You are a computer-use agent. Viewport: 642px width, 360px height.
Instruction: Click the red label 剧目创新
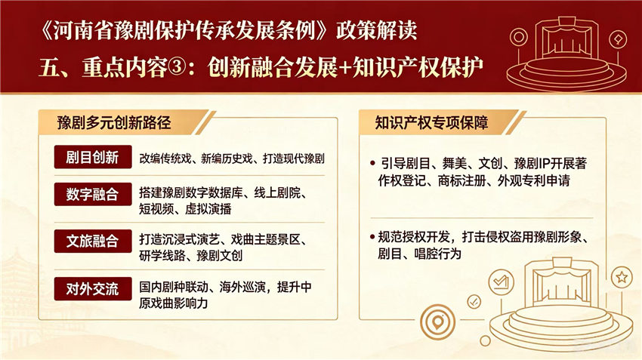(93, 157)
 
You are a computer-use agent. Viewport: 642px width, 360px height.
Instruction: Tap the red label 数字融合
(93, 194)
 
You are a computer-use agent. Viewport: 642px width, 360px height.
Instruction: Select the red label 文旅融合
(93, 241)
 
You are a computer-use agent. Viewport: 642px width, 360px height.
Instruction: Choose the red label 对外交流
(93, 289)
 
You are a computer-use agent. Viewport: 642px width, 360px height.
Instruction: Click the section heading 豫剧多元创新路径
(114, 123)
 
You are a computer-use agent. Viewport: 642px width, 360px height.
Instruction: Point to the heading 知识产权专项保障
(431, 123)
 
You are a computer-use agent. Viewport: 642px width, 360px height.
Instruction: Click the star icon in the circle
(622, 277)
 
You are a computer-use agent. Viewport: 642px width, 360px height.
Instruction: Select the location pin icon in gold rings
(437, 322)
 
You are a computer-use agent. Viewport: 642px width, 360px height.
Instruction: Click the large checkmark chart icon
(502, 282)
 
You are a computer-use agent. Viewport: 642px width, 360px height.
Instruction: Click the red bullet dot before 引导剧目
(372, 164)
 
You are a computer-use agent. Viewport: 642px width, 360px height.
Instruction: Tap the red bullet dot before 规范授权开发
(372, 237)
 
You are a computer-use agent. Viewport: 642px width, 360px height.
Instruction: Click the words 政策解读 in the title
(377, 30)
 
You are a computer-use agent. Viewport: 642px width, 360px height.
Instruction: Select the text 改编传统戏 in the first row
(165, 158)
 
